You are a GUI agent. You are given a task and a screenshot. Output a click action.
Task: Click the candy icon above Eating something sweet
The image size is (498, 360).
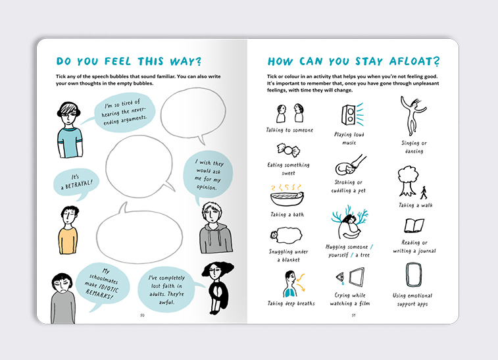click(288, 149)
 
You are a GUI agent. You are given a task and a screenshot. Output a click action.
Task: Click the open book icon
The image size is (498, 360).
click(414, 226)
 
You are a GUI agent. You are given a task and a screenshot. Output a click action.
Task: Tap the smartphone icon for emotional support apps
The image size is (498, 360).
click(414, 275)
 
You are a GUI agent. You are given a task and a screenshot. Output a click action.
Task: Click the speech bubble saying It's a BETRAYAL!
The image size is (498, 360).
click(76, 184)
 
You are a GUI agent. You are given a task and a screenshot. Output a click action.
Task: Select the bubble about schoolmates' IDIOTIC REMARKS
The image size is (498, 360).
click(102, 286)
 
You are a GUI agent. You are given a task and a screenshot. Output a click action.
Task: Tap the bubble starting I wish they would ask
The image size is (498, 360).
click(208, 175)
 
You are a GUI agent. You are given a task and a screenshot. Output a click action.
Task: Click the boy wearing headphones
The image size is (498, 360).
click(69, 130)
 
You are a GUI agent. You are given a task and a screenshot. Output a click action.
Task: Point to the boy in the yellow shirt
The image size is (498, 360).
click(68, 230)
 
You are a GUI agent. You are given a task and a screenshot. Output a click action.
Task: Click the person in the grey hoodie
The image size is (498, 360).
click(215, 228)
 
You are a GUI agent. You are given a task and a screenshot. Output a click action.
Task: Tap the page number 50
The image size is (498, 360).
click(142, 315)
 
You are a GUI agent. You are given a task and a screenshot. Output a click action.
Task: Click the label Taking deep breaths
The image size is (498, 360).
click(291, 303)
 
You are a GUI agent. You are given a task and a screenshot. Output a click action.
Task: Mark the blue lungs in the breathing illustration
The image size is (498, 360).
click(289, 292)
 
